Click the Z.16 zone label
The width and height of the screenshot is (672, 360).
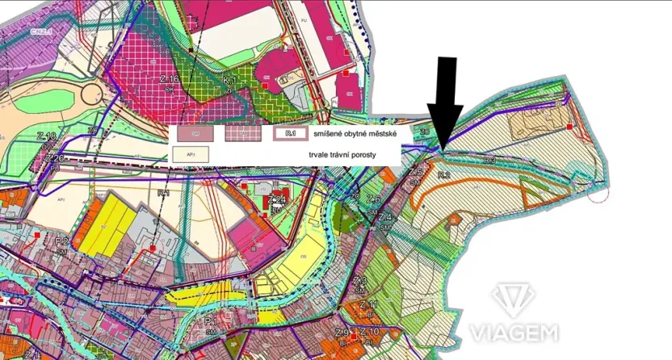click(x=169, y=79)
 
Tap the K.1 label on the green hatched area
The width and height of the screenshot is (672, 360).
click(x=229, y=82)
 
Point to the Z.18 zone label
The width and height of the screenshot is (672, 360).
click(x=48, y=136)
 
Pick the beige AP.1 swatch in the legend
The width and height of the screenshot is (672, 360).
click(x=192, y=152)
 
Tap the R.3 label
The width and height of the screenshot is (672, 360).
click(x=489, y=161)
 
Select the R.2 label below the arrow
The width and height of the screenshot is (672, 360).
click(x=443, y=175)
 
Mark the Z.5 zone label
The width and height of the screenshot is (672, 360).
click(x=416, y=172)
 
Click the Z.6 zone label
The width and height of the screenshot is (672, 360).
click(x=373, y=199)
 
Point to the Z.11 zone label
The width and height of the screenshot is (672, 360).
click(x=368, y=304)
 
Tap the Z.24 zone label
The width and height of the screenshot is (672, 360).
click(x=277, y=199)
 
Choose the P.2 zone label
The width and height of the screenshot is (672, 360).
click(x=62, y=241)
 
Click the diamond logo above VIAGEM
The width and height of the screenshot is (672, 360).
click(x=514, y=299)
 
